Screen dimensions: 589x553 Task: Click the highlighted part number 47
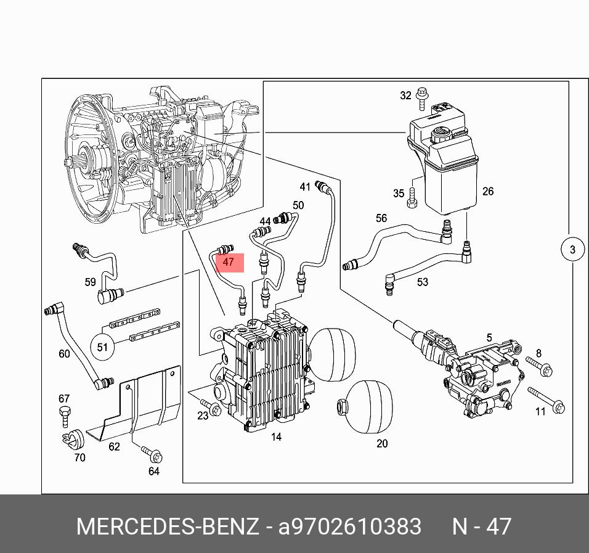pyautogui.click(x=229, y=263)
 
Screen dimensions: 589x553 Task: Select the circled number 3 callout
pyautogui.click(x=572, y=250)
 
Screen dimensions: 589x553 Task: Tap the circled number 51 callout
pyautogui.click(x=102, y=347)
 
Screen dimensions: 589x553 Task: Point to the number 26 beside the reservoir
pyautogui.click(x=488, y=191)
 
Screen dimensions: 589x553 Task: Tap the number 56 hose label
pyautogui.click(x=381, y=218)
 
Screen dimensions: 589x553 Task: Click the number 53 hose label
pyautogui.click(x=422, y=282)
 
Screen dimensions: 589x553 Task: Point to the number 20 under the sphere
pyautogui.click(x=382, y=443)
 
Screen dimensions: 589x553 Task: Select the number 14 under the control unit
pyautogui.click(x=276, y=437)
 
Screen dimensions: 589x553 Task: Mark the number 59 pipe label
pyautogui.click(x=91, y=282)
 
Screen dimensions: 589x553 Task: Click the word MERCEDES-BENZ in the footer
pyautogui.click(x=168, y=527)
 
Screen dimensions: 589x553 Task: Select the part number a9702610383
pyautogui.click(x=350, y=527)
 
